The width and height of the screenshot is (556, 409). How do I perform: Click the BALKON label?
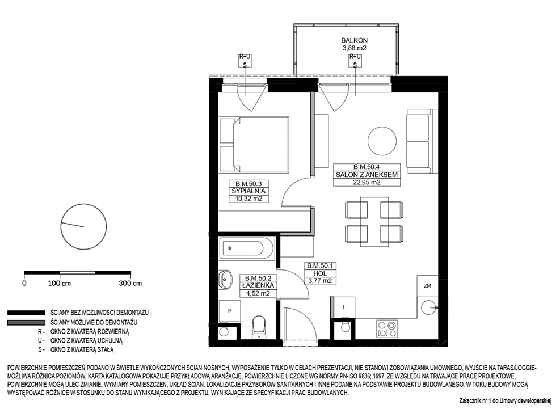point(354,40)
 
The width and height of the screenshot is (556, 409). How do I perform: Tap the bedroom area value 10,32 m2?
point(248,199)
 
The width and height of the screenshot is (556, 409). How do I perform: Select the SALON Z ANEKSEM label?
point(367,175)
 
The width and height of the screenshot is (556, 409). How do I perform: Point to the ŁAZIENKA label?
point(258,285)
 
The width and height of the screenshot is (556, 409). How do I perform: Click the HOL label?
point(320,273)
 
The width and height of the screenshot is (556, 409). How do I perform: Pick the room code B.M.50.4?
point(367,167)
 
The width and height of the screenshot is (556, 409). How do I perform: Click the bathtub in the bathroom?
point(246,248)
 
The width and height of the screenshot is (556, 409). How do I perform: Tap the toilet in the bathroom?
point(259,327)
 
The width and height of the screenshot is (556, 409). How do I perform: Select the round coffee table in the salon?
point(382,141)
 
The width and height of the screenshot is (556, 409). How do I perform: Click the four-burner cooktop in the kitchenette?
point(386,328)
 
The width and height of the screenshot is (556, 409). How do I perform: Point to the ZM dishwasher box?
point(428,286)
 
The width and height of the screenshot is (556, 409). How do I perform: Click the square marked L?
point(344,307)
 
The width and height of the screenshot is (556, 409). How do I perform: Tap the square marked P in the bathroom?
point(230,311)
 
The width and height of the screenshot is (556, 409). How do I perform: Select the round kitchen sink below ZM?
point(427,307)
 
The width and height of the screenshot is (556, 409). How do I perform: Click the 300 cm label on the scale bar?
point(130,283)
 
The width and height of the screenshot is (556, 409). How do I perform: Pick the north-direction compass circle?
point(84,226)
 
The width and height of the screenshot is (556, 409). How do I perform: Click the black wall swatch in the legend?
point(26,313)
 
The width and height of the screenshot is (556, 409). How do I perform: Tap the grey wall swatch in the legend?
point(26,323)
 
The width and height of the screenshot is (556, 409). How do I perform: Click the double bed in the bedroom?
point(254,145)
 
